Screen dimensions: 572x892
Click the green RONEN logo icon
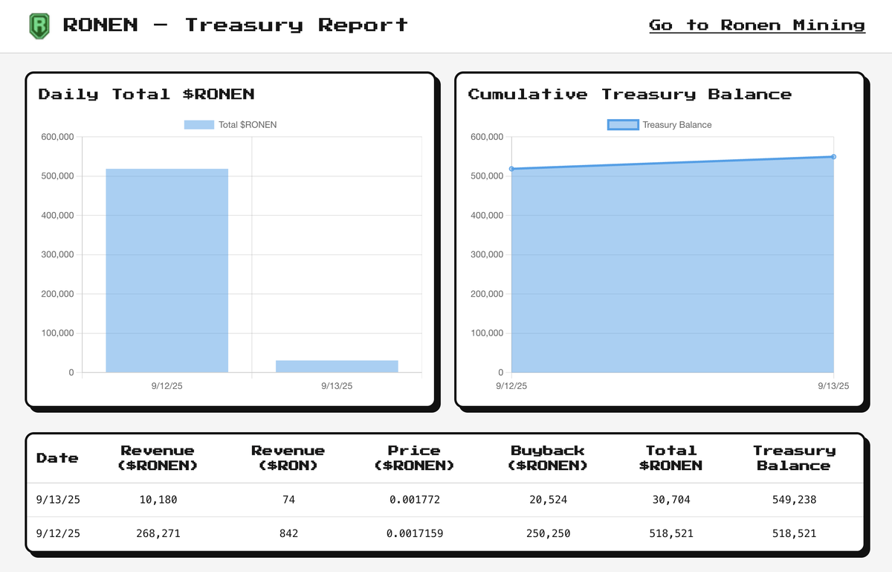click(x=39, y=25)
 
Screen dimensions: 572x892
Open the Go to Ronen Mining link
click(x=757, y=25)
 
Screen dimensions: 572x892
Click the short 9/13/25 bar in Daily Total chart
click(x=337, y=366)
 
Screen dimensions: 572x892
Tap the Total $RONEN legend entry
click(x=230, y=125)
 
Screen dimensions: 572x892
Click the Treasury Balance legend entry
click(x=659, y=125)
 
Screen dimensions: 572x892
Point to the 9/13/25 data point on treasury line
click(x=833, y=157)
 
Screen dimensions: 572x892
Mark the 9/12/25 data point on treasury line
click(x=512, y=169)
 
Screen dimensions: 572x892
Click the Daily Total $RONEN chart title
click(x=146, y=94)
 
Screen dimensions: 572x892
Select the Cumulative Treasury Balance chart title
click(x=630, y=94)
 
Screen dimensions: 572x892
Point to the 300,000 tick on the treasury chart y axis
click(x=487, y=254)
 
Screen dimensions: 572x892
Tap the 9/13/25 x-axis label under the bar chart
click(x=337, y=386)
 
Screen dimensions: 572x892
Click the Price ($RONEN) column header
click(x=414, y=458)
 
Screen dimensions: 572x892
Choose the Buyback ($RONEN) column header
click(x=548, y=458)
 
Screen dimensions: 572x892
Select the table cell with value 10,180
click(x=158, y=500)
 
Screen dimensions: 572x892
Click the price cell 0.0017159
click(x=414, y=533)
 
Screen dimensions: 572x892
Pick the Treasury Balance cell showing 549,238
click(x=795, y=500)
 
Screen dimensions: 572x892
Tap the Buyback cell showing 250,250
click(x=548, y=533)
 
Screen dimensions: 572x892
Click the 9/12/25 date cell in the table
click(x=58, y=533)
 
